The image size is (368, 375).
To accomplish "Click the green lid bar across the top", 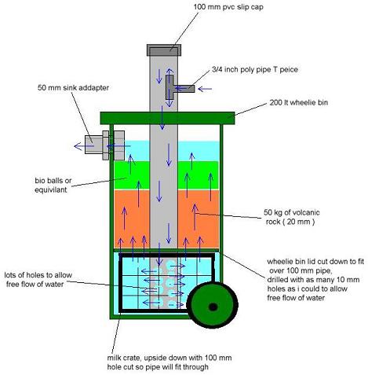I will (169, 118).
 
